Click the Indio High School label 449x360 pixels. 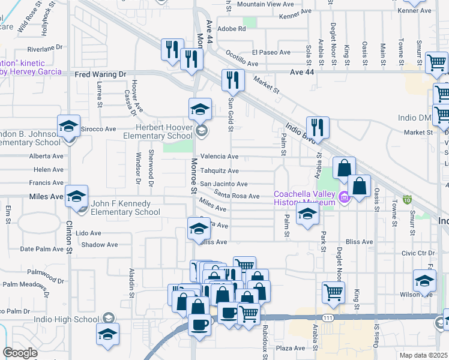coord(71,317)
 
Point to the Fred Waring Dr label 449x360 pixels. coord(101,74)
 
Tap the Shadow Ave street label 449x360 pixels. coord(99,245)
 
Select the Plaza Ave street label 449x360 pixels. coord(291,348)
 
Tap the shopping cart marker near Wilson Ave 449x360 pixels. coord(334,292)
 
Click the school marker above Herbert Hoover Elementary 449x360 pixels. coord(200,109)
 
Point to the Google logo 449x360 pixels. coord(20,353)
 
